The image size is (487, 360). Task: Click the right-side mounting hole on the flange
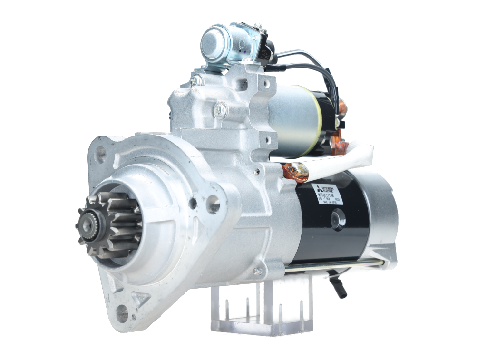(x=213, y=204)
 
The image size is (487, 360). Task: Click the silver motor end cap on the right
(x=383, y=219)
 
